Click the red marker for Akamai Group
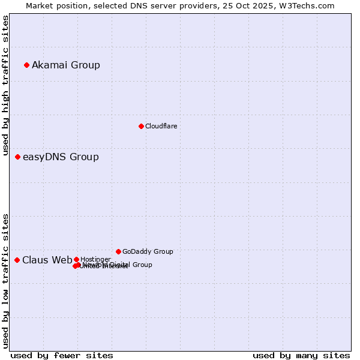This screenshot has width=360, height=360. pos(26,65)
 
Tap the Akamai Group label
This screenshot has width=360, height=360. pos(66,65)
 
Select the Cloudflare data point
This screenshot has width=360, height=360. pos(141,126)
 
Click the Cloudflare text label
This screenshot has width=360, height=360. pos(161,126)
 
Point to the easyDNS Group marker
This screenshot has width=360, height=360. pos(17,157)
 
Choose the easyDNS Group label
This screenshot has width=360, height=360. pos(61,157)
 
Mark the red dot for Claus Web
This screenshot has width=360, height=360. pos(17,260)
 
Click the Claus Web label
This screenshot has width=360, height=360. pos(47,260)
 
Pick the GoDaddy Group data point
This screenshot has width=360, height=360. pos(118,251)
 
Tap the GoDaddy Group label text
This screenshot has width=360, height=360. pos(148,251)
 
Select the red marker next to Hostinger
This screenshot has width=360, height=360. pos(76,259)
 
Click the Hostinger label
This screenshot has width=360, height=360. pos(95,259)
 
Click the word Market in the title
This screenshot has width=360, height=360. pos(40,5)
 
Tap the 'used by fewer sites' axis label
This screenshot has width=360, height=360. pos(62,355)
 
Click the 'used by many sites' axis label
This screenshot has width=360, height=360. pos(301,355)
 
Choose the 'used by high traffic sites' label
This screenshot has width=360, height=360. pos(5,86)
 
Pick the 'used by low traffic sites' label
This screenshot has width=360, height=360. pos(5,280)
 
